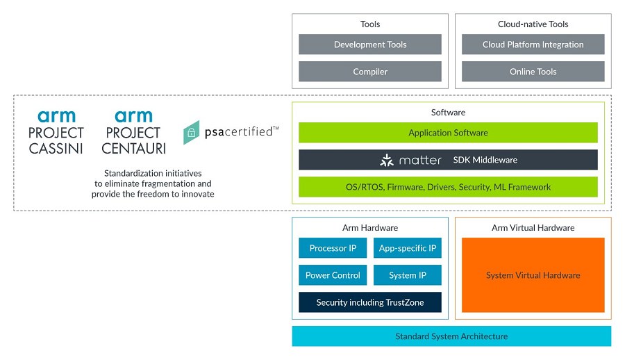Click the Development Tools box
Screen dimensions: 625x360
pyautogui.click(x=370, y=44)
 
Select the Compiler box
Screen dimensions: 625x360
pyautogui.click(x=370, y=72)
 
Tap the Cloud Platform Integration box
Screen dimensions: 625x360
pyautogui.click(x=533, y=44)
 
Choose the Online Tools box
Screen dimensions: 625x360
pyautogui.click(x=533, y=72)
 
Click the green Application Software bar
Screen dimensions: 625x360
pyautogui.click(x=448, y=133)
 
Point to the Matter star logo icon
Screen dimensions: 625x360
pyautogui.click(x=387, y=160)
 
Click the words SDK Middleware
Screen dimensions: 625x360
pyautogui.click(x=485, y=160)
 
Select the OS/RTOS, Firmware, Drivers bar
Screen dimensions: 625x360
pyautogui.click(x=448, y=187)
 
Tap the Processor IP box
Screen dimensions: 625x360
pyautogui.click(x=333, y=248)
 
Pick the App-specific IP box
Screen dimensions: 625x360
pyautogui.click(x=408, y=248)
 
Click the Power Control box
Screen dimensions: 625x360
pyautogui.click(x=333, y=275)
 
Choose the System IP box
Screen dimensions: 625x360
pyautogui.click(x=408, y=275)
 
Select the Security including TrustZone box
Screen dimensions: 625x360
pyautogui.click(x=370, y=302)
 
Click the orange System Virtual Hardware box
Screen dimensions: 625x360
pyautogui.click(x=533, y=275)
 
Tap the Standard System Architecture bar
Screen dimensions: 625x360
pyautogui.click(x=451, y=336)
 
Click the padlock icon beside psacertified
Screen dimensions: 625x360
pyautogui.click(x=192, y=133)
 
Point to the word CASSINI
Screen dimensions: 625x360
pyautogui.click(x=56, y=149)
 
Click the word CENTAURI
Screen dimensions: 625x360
pyautogui.click(x=133, y=149)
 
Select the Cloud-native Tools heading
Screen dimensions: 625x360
pyautogui.click(x=533, y=24)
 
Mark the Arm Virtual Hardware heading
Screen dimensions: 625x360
pyautogui.click(x=533, y=227)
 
